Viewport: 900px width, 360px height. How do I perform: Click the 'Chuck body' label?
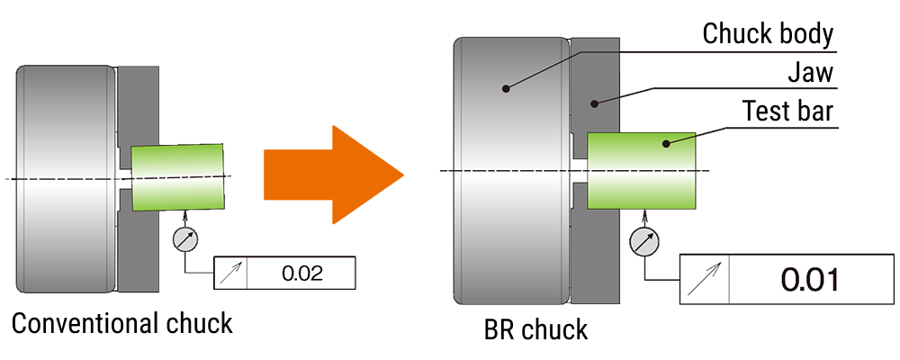click(x=768, y=34)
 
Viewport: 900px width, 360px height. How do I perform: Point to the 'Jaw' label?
click(x=811, y=73)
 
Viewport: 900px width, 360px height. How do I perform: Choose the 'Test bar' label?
click(x=787, y=112)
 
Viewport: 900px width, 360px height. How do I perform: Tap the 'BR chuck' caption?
click(x=535, y=328)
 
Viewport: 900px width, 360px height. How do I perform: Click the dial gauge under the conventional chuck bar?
click(x=184, y=238)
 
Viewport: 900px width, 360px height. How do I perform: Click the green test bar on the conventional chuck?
click(x=177, y=176)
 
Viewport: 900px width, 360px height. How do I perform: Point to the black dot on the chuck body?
click(x=507, y=88)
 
